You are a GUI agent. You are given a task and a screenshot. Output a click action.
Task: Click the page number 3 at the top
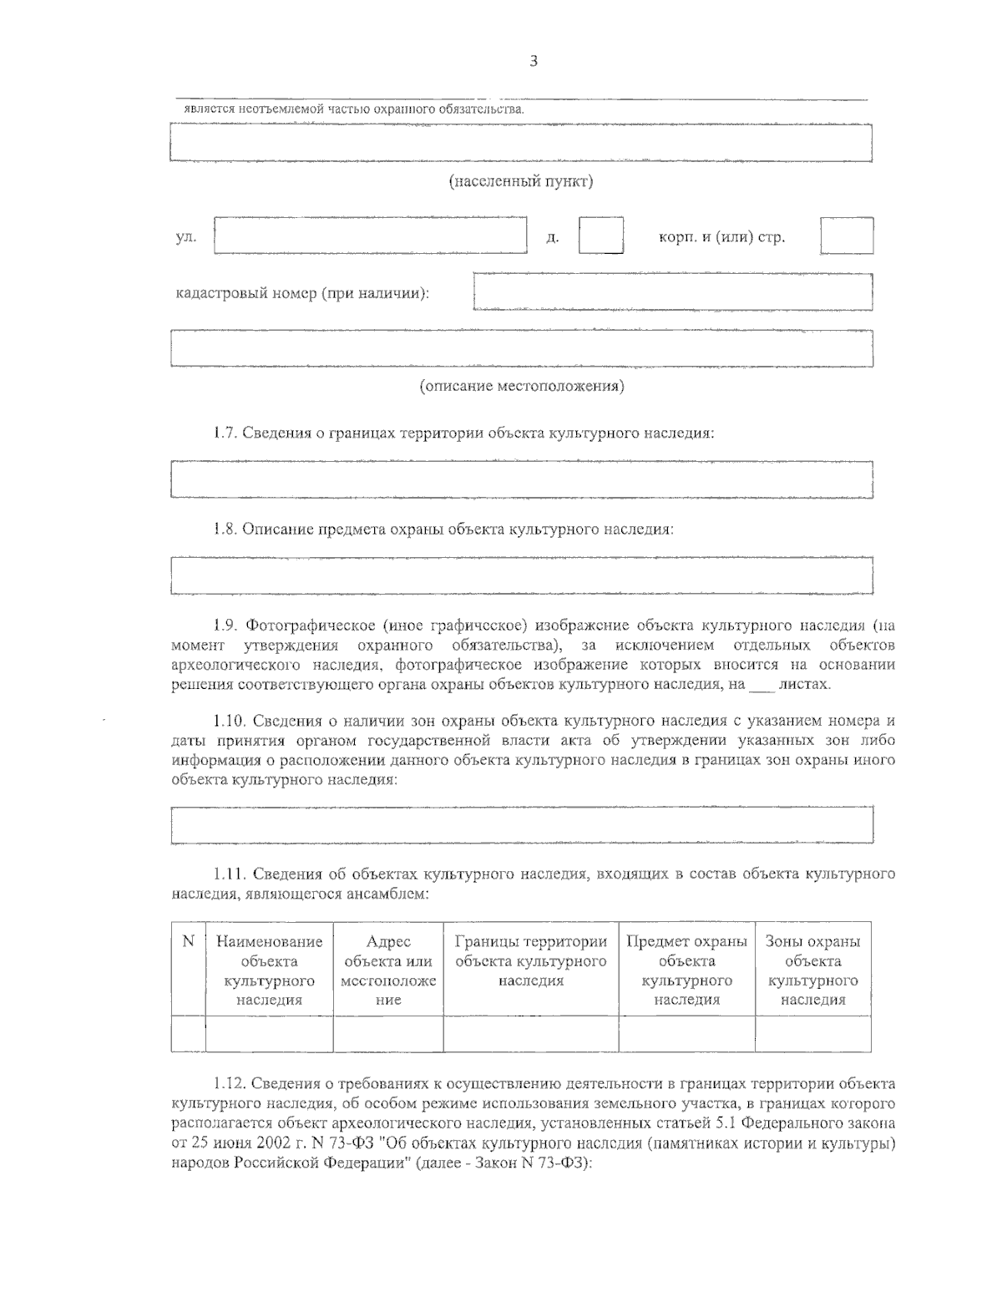533,60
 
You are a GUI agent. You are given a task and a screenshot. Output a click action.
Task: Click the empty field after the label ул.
370,235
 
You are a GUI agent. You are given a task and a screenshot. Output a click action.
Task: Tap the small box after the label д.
600,235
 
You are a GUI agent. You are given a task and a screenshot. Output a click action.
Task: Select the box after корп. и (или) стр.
846,236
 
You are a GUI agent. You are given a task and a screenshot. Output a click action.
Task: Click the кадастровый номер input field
672,291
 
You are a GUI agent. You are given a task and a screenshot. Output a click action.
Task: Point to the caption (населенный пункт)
521,181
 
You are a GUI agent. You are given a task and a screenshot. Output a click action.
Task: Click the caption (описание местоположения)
521,386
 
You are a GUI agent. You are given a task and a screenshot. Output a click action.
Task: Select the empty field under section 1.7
521,479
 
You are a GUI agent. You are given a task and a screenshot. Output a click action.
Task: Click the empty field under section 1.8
521,575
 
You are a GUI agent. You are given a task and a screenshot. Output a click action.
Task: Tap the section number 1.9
225,625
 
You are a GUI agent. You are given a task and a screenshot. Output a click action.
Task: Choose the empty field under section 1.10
521,825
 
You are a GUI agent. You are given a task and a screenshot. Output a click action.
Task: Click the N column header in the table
188,942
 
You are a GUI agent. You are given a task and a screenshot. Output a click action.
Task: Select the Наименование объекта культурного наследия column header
269,970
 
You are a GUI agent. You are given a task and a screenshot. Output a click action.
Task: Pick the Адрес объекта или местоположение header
387,970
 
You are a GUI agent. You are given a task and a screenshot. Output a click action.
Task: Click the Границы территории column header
530,960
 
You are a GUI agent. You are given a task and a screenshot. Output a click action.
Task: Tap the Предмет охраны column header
686,970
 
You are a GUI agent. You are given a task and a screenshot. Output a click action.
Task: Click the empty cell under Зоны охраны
812,1034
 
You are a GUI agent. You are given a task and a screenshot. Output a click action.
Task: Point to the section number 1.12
228,1084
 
